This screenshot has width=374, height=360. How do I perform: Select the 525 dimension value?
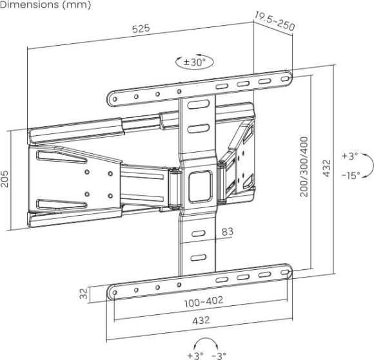click(x=141, y=29)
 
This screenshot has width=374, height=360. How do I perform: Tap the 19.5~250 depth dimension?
click(x=274, y=21)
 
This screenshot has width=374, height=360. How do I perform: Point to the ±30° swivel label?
click(x=194, y=62)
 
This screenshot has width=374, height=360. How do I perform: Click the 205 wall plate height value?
click(x=6, y=178)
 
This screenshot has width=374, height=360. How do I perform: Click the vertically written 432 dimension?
click(x=327, y=167)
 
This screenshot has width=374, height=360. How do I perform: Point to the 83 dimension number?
click(x=228, y=231)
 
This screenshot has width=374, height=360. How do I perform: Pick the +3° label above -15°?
click(x=349, y=156)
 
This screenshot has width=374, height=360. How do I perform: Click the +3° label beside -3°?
click(x=194, y=355)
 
